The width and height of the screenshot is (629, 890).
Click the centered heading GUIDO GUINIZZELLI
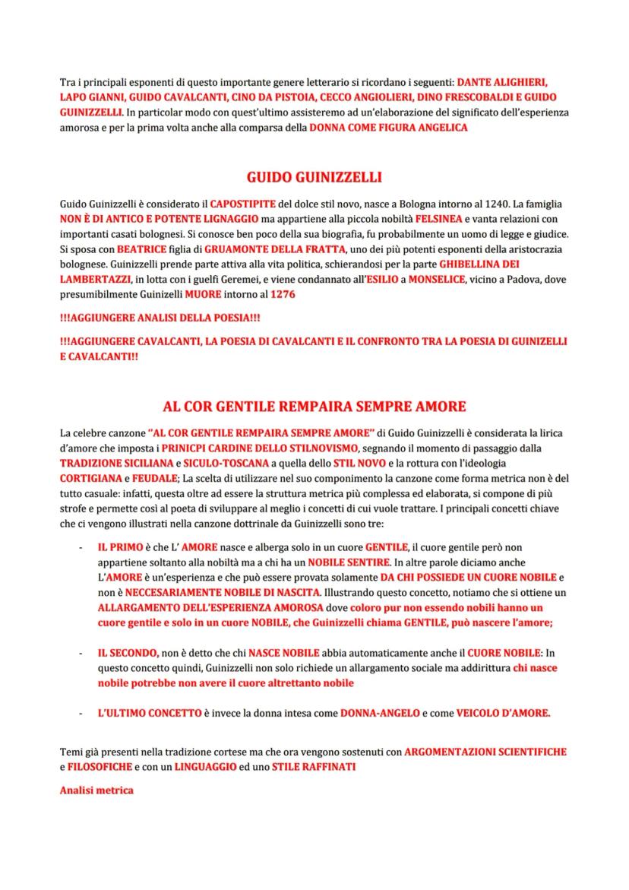[x=314, y=178]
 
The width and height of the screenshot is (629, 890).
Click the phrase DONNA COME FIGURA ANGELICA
[x=388, y=128]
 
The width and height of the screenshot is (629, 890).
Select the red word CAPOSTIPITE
[x=243, y=204]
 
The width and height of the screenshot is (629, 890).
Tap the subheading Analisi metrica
[x=96, y=790]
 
